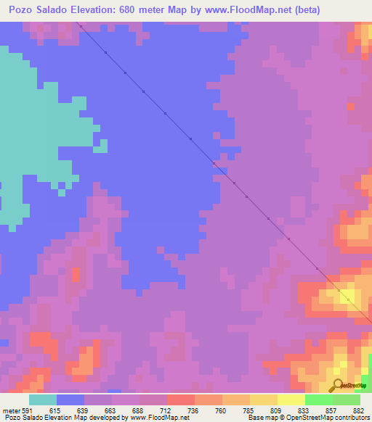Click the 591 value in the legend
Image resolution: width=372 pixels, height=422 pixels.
28,410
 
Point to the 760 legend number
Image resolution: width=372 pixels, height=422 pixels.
219,410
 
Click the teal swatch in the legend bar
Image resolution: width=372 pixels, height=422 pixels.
43,400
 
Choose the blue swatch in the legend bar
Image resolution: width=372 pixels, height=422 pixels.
70,400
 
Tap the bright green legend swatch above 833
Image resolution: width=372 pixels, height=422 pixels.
318,400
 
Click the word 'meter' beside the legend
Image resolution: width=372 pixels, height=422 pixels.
10,410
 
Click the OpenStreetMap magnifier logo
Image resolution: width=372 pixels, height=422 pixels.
336,386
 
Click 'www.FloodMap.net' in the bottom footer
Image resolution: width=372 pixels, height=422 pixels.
155,418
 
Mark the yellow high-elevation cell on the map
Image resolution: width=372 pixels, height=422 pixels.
347,296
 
